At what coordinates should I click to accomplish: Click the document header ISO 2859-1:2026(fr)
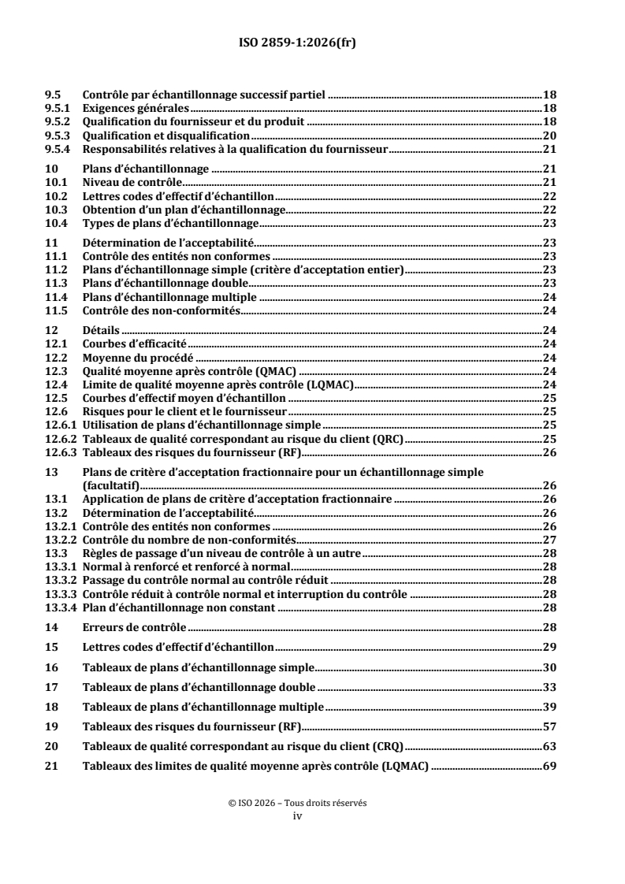pyautogui.click(x=312, y=44)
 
